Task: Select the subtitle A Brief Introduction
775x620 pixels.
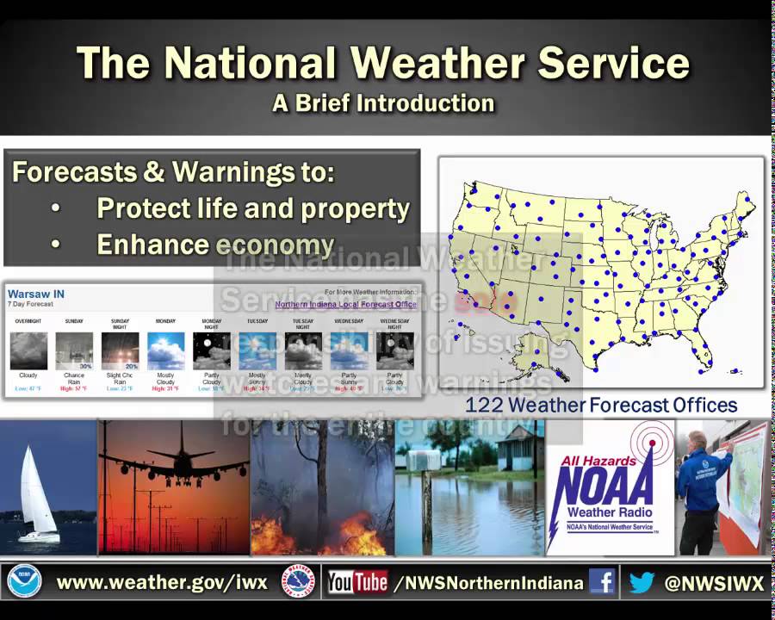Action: click(x=383, y=103)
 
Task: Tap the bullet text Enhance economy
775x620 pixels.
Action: click(x=215, y=245)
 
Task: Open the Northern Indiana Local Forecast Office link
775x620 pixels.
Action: click(x=345, y=304)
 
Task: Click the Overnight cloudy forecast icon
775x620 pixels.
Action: click(x=28, y=350)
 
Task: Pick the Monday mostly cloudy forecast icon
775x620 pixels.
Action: click(x=165, y=350)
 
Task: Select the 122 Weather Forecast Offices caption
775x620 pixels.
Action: click(x=601, y=405)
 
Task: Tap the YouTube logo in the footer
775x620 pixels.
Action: click(x=357, y=583)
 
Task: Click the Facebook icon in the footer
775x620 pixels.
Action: click(x=602, y=583)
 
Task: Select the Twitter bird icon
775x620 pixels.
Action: click(x=642, y=583)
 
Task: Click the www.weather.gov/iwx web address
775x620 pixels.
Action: click(x=162, y=583)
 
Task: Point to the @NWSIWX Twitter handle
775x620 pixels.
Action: click(x=714, y=583)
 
